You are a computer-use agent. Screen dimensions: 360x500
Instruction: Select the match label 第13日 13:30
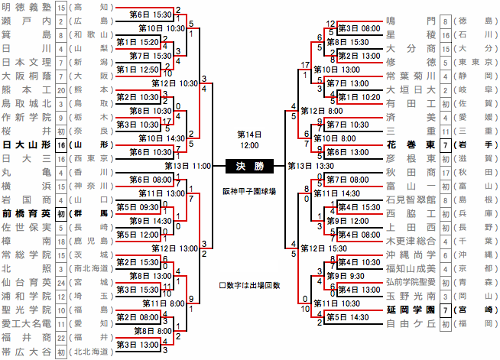click(x=310, y=165)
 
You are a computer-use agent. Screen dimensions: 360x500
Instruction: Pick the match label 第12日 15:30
click(x=324, y=249)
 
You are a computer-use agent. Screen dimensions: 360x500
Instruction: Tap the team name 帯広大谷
click(x=27, y=352)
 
